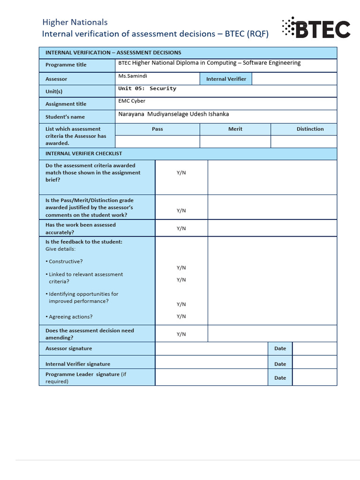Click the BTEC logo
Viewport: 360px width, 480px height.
click(x=316, y=29)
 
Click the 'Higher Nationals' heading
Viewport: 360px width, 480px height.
click(x=75, y=22)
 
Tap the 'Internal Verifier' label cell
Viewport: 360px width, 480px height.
click(x=226, y=79)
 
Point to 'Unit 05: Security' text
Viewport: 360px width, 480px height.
click(x=147, y=89)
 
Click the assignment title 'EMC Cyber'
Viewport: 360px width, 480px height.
click(x=132, y=101)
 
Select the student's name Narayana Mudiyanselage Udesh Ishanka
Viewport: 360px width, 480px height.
click(x=173, y=114)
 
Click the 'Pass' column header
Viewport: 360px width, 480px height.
click(x=157, y=129)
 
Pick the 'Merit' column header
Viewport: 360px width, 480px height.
click(x=235, y=129)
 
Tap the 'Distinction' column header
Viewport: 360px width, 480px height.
click(x=310, y=129)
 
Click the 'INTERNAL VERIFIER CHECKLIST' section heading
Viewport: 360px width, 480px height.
click(x=83, y=153)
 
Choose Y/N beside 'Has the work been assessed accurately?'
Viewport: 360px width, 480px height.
click(x=181, y=228)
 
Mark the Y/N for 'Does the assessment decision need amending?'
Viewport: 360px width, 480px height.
click(x=181, y=334)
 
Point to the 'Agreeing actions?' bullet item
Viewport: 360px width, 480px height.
click(x=70, y=317)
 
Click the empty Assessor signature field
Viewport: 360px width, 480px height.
click(x=211, y=349)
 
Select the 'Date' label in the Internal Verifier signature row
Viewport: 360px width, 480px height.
click(x=280, y=364)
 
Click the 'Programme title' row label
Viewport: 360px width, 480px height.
click(x=66, y=65)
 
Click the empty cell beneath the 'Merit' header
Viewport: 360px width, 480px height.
click(x=235, y=142)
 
